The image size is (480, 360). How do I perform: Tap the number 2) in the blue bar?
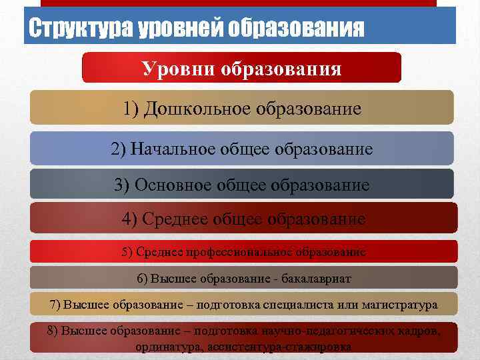click(118, 149)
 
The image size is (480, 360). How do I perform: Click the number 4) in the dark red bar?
click(129, 219)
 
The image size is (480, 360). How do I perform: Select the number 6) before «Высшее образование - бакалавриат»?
click(143, 278)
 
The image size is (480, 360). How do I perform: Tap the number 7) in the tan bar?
click(55, 305)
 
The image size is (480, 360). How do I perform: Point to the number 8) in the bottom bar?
click(53, 331)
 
